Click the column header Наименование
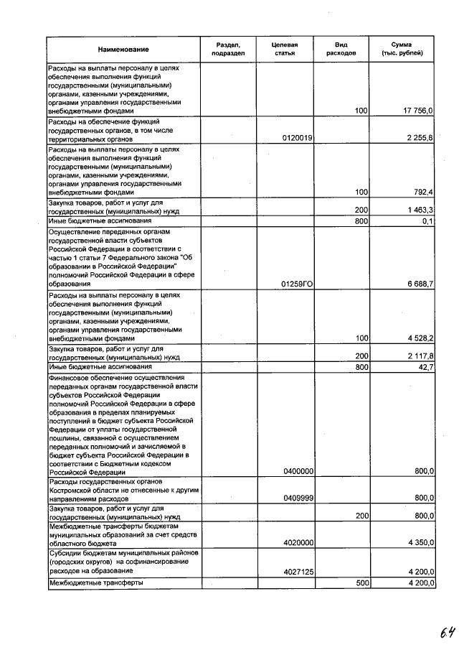[x=123, y=49]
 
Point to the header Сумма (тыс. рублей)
[x=406, y=49]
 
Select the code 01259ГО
[x=298, y=284]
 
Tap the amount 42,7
[x=425, y=367]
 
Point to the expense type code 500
[x=361, y=582]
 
